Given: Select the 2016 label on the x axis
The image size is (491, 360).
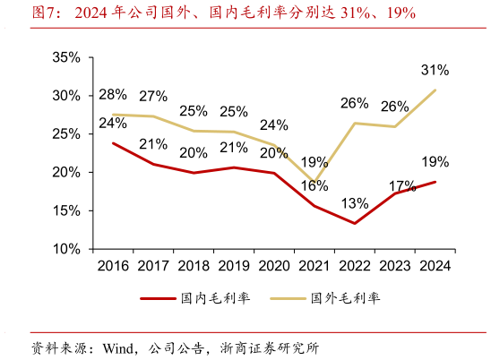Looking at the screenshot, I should coord(113,267).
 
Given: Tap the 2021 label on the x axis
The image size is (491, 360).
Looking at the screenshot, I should coord(314,267).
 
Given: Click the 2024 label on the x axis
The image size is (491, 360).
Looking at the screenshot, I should coord(435,267).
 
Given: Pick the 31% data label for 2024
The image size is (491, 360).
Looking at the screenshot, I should coord(435,70).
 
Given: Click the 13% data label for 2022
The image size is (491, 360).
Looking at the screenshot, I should coord(355,203).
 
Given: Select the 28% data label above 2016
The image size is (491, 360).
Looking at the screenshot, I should coord(113,95).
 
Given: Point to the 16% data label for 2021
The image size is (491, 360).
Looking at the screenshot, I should coord(314,186).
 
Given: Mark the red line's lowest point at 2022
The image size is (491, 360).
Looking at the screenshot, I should coord(355,223).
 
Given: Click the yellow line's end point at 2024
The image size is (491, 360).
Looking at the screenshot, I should coord(435,90).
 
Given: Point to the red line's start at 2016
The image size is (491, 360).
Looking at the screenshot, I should coord(113,142).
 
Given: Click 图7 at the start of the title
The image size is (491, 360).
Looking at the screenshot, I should coord(45,13).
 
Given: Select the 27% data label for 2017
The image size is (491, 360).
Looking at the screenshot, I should coord(153,97).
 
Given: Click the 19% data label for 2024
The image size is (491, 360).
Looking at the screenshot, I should coord(435,162).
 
